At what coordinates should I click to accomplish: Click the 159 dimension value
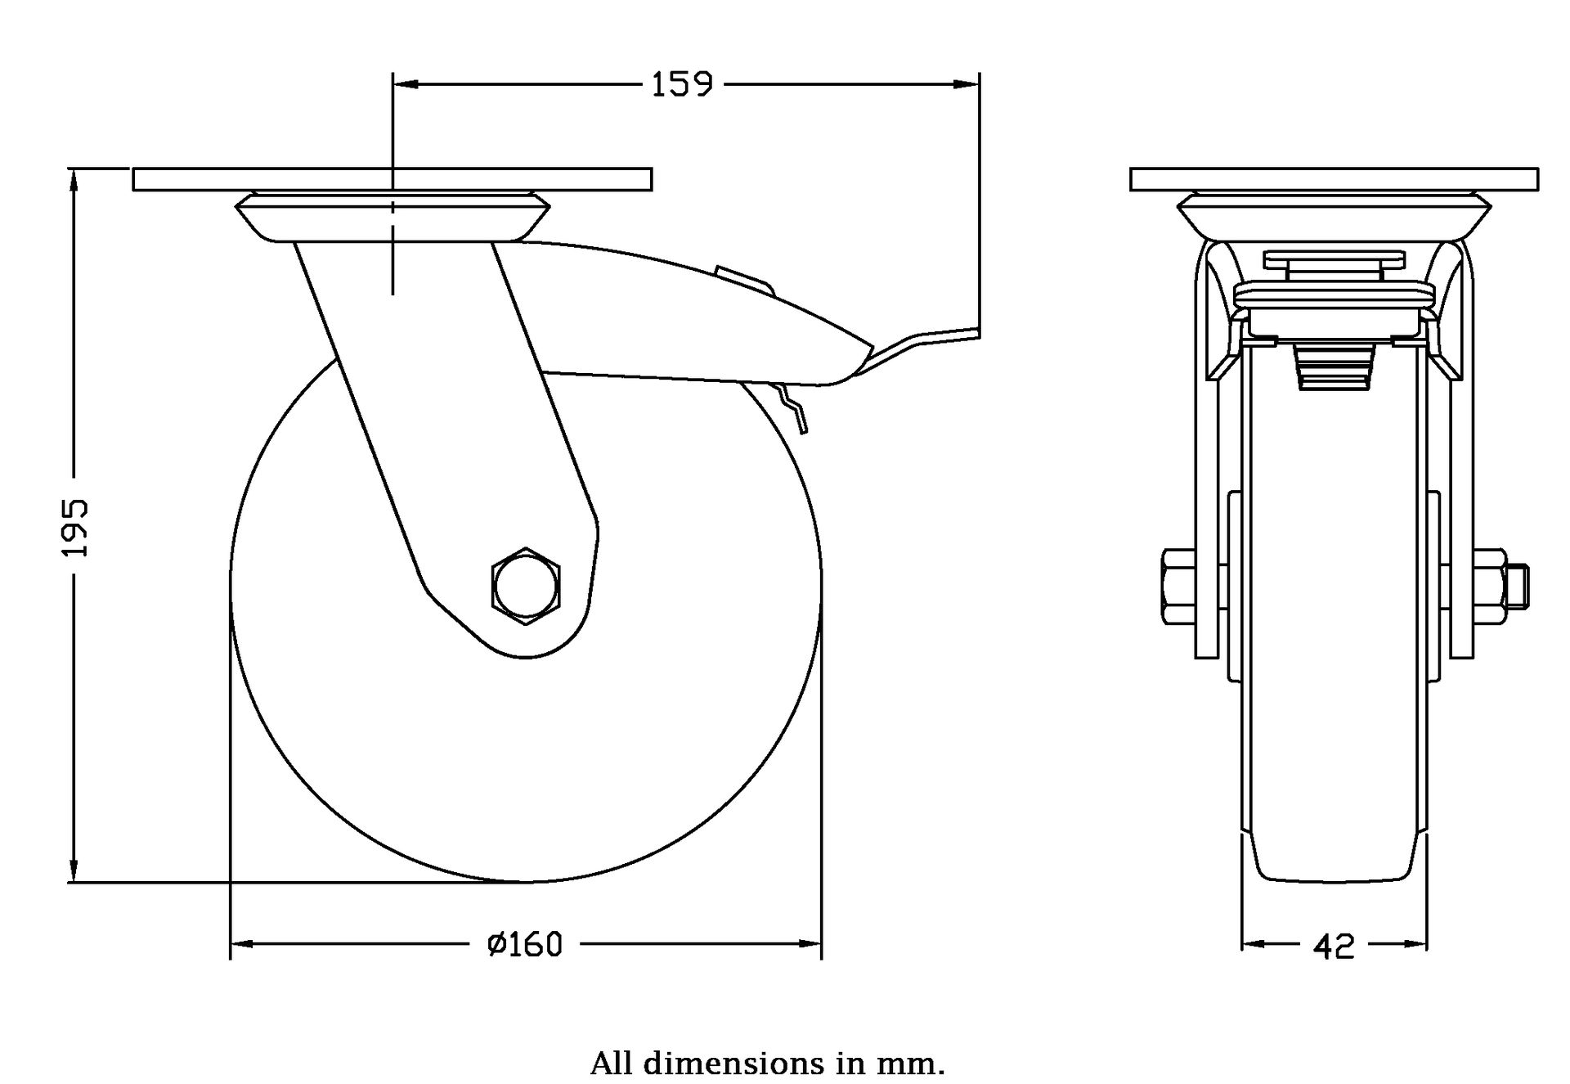point(682,84)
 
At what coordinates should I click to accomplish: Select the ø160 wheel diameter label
point(525,945)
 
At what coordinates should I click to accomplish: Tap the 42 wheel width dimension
point(1334,947)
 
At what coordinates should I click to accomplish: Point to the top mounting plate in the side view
point(392,179)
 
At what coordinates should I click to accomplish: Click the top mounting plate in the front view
point(1334,179)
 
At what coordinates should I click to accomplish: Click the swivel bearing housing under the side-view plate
point(392,217)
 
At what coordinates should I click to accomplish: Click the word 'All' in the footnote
point(611,1064)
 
